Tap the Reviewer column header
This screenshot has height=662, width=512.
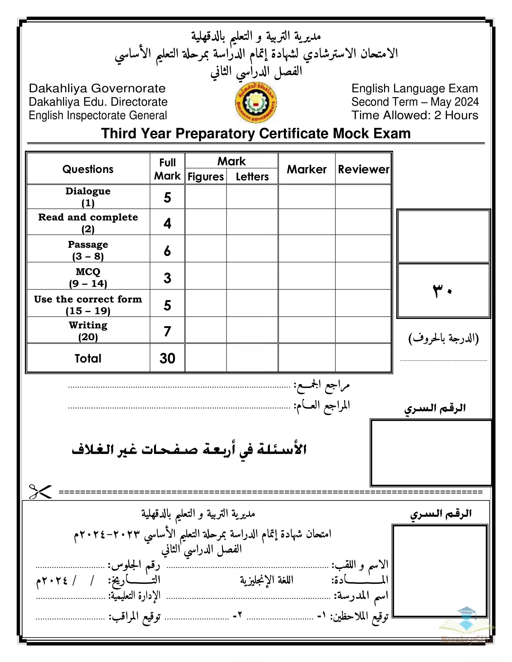[x=363, y=169]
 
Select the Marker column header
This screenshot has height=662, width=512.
[x=307, y=169]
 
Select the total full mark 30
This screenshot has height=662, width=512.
[x=167, y=358]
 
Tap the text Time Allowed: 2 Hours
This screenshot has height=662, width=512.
[x=415, y=116]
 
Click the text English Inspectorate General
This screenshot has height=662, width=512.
[x=98, y=116]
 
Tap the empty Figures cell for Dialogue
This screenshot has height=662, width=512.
[x=206, y=197]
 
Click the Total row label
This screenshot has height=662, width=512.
[x=88, y=358]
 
